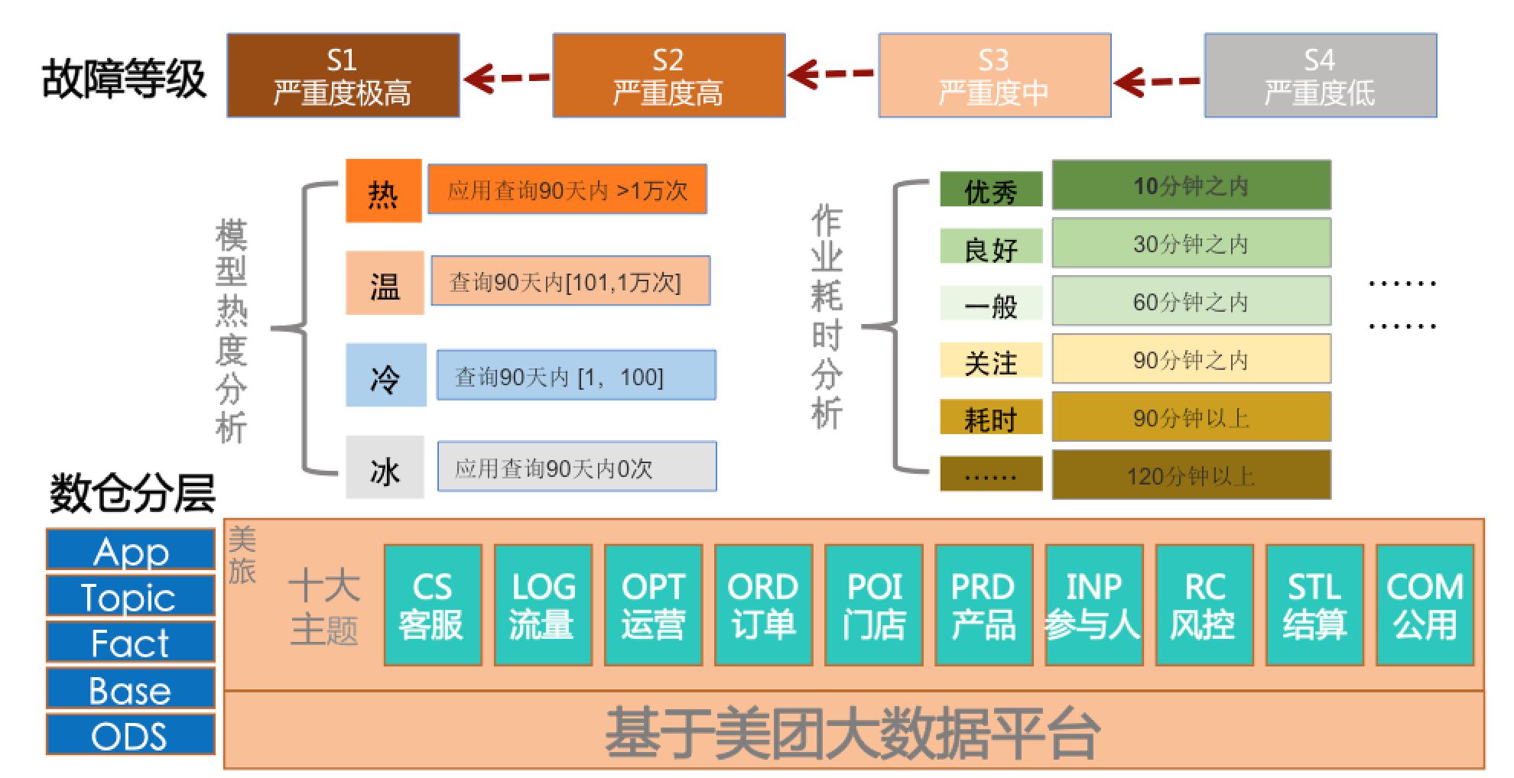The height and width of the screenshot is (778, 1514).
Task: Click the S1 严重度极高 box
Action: click(343, 75)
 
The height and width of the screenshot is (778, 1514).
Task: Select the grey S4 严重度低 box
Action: click(1320, 75)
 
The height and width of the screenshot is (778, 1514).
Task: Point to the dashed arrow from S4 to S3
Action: click(1157, 80)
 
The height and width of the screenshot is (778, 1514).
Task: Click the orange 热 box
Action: click(383, 191)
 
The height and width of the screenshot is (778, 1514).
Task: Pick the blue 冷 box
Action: click(385, 375)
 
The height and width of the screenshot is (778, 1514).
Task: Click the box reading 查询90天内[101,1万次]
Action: click(570, 282)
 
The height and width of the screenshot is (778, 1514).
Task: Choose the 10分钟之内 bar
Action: click(1191, 185)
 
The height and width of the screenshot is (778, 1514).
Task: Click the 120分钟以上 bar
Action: click(1191, 475)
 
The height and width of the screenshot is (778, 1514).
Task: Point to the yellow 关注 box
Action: click(991, 361)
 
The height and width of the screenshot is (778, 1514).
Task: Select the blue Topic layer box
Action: click(130, 596)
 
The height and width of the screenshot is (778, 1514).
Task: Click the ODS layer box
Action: click(130, 735)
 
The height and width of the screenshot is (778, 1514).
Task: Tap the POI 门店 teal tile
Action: click(873, 605)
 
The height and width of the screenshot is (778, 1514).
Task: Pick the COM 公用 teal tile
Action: click(1425, 605)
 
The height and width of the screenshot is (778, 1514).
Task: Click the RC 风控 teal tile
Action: click(1204, 605)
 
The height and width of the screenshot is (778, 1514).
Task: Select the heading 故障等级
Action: click(124, 78)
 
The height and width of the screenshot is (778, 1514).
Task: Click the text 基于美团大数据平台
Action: click(852, 732)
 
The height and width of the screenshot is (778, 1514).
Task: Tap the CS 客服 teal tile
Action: click(432, 605)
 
